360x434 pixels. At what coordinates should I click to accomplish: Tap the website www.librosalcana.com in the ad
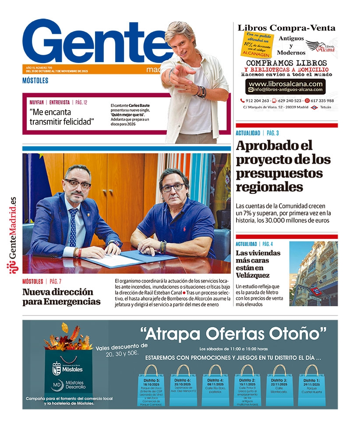286,84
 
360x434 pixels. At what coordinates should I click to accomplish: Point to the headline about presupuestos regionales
283,166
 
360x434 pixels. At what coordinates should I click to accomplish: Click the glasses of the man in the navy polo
173,187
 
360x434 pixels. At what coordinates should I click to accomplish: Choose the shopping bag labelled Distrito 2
247,385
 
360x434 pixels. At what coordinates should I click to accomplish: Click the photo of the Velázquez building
313,273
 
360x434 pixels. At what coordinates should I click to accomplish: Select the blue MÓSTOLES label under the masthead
35,80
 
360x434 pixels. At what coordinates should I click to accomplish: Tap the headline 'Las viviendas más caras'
258,264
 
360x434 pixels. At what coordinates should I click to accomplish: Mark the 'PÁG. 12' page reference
81,102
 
